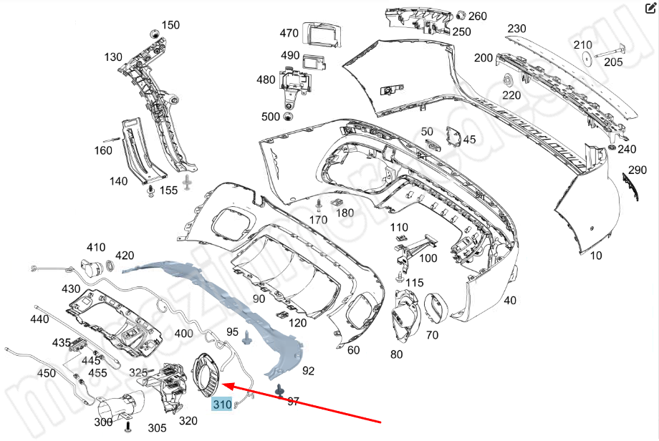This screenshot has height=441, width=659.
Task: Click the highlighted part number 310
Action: coord(222,405)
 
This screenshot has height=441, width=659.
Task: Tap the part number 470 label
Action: coord(289,33)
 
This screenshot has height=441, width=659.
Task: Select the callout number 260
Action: coord(477,16)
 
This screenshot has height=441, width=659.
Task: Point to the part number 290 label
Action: coord(638,170)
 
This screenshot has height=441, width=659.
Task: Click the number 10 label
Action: coord(596,255)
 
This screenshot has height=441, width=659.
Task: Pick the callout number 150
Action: coord(170,25)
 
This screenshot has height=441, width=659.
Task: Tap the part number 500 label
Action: coord(271,117)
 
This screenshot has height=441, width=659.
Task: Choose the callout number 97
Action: coord(293,402)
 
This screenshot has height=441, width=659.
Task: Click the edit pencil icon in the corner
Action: coord(650,9)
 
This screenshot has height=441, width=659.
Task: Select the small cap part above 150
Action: coord(153,34)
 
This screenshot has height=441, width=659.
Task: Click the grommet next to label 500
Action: coord(289,117)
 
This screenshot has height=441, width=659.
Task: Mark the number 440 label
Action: coord(40,319)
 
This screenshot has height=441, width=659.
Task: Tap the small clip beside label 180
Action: coord(335,204)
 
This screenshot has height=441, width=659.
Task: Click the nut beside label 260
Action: coord(461,16)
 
